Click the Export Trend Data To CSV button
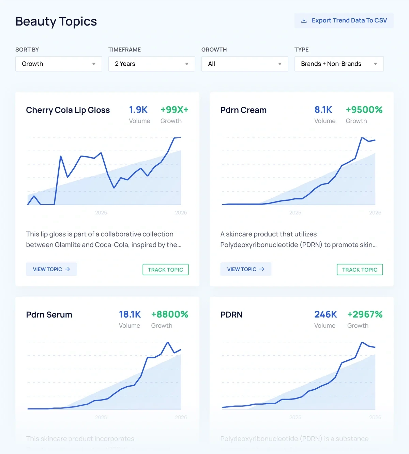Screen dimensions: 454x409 (x=344, y=20)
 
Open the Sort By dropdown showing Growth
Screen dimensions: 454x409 (x=59, y=64)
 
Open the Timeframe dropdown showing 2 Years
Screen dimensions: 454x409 (x=152, y=64)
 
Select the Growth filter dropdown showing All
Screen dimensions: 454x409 (x=245, y=64)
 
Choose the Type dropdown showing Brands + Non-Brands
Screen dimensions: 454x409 (x=339, y=64)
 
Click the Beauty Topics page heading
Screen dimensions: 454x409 (x=56, y=21)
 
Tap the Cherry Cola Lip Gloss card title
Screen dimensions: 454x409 (x=68, y=110)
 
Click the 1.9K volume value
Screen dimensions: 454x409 (x=138, y=110)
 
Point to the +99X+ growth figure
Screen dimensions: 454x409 (x=175, y=110)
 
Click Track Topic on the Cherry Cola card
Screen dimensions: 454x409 (x=165, y=270)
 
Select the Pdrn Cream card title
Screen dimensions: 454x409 (x=243, y=110)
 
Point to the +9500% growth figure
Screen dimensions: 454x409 (x=364, y=110)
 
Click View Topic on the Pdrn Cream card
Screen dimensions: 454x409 (x=246, y=269)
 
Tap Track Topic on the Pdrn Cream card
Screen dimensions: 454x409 (x=360, y=270)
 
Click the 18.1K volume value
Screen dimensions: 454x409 (x=130, y=314)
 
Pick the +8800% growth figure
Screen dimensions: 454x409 (x=170, y=314)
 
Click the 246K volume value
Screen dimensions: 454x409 (x=325, y=314)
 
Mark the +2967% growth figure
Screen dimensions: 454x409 (x=365, y=314)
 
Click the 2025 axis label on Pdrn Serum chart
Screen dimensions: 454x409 (x=101, y=417)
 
